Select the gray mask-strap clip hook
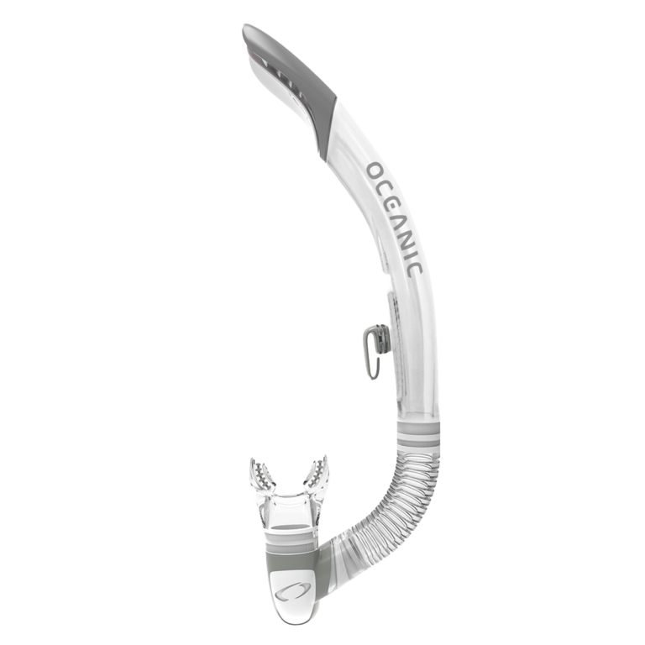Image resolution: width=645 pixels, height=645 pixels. [x=368, y=349]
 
